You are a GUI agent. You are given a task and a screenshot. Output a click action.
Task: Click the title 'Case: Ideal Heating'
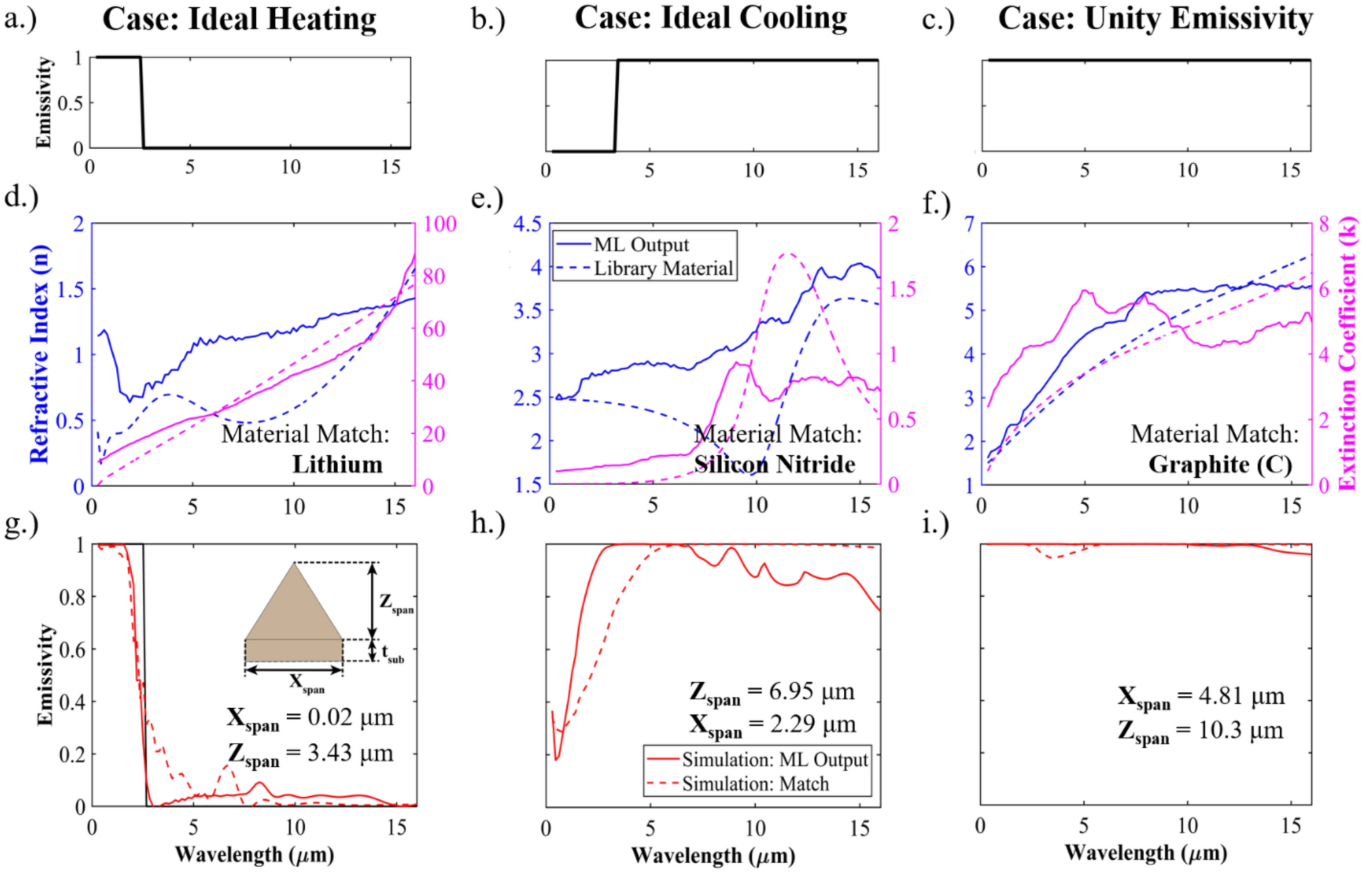(x=239, y=19)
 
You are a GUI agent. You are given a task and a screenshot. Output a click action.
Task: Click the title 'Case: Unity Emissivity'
(x=1155, y=19)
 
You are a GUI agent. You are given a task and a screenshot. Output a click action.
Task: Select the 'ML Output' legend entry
(x=640, y=245)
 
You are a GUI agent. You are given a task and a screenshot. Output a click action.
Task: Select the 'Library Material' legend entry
(x=663, y=269)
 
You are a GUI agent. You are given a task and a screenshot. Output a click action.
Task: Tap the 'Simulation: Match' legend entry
(x=754, y=784)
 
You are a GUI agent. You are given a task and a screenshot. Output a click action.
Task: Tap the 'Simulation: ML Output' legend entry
(x=774, y=759)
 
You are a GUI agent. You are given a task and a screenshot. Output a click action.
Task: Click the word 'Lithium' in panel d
(x=337, y=464)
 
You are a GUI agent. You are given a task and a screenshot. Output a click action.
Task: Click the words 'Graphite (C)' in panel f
(x=1220, y=464)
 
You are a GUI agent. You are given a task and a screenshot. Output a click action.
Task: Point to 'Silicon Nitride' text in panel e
(x=774, y=464)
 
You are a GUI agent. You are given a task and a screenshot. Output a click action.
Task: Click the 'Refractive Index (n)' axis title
(x=39, y=354)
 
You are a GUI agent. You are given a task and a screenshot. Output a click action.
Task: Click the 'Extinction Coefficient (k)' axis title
(x=1347, y=354)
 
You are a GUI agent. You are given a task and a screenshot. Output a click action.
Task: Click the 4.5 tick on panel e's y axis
(x=527, y=224)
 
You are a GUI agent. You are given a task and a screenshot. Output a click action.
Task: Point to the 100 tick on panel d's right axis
(x=440, y=224)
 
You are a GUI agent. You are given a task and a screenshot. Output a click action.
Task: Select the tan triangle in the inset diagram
(x=294, y=612)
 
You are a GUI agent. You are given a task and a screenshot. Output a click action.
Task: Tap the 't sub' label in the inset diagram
(x=392, y=654)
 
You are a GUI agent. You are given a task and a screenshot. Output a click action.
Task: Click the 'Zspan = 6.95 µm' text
(x=772, y=692)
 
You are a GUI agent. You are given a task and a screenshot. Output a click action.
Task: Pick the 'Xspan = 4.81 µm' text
(x=1201, y=697)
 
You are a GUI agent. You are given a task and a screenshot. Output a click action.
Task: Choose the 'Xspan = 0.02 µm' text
(x=310, y=719)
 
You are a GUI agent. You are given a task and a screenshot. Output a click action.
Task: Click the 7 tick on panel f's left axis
(x=969, y=224)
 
